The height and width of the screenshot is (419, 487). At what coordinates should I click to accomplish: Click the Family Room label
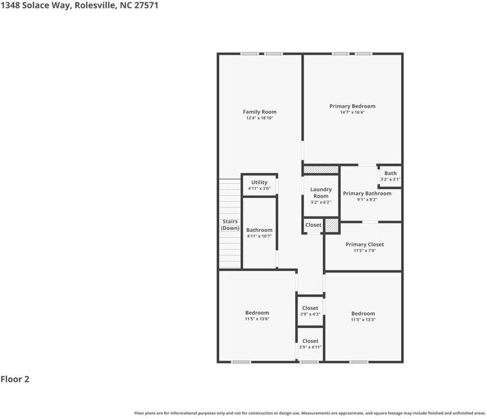click(260, 112)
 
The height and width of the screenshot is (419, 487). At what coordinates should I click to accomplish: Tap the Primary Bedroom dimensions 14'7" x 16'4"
click(352, 113)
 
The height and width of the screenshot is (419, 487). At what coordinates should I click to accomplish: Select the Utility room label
click(260, 183)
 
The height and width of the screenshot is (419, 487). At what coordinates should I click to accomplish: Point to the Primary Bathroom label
click(367, 193)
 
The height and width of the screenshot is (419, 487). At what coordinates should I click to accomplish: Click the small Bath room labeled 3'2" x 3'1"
click(390, 176)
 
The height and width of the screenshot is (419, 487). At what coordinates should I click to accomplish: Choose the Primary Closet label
click(365, 245)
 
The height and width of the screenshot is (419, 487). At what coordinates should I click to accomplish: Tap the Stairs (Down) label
click(230, 225)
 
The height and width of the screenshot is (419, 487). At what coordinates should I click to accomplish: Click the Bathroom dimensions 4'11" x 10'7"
click(260, 236)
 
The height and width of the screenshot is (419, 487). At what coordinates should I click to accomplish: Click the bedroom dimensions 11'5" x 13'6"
click(257, 319)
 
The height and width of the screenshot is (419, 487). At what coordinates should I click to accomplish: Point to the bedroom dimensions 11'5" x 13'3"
click(363, 320)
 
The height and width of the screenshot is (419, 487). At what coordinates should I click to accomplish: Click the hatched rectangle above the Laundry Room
click(321, 170)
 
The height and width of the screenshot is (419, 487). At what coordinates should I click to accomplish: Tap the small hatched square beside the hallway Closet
click(331, 226)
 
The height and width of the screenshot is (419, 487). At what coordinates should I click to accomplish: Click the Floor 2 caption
click(15, 379)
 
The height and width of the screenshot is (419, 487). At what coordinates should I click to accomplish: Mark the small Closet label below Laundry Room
click(313, 226)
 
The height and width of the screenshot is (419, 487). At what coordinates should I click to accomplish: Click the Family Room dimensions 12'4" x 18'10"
click(260, 119)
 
